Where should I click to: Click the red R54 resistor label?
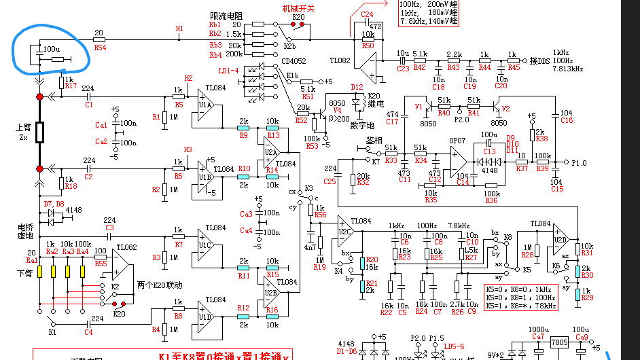pyautogui.click(x=100, y=48)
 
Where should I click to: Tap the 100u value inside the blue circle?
pyautogui.click(x=51, y=50)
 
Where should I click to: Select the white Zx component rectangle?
pyautogui.click(x=39, y=132)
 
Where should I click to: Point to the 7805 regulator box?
pyautogui.click(x=560, y=342)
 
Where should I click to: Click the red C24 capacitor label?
pyautogui.click(x=367, y=14)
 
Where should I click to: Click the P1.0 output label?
pyautogui.click(x=579, y=163)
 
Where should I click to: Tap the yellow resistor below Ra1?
pyautogui.click(x=39, y=271)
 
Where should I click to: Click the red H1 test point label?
pyautogui.click(x=179, y=29)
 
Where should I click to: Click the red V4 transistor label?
pyautogui.click(x=338, y=110)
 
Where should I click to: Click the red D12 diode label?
pyautogui.click(x=357, y=87)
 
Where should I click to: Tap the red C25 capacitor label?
pyautogui.click(x=330, y=181)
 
